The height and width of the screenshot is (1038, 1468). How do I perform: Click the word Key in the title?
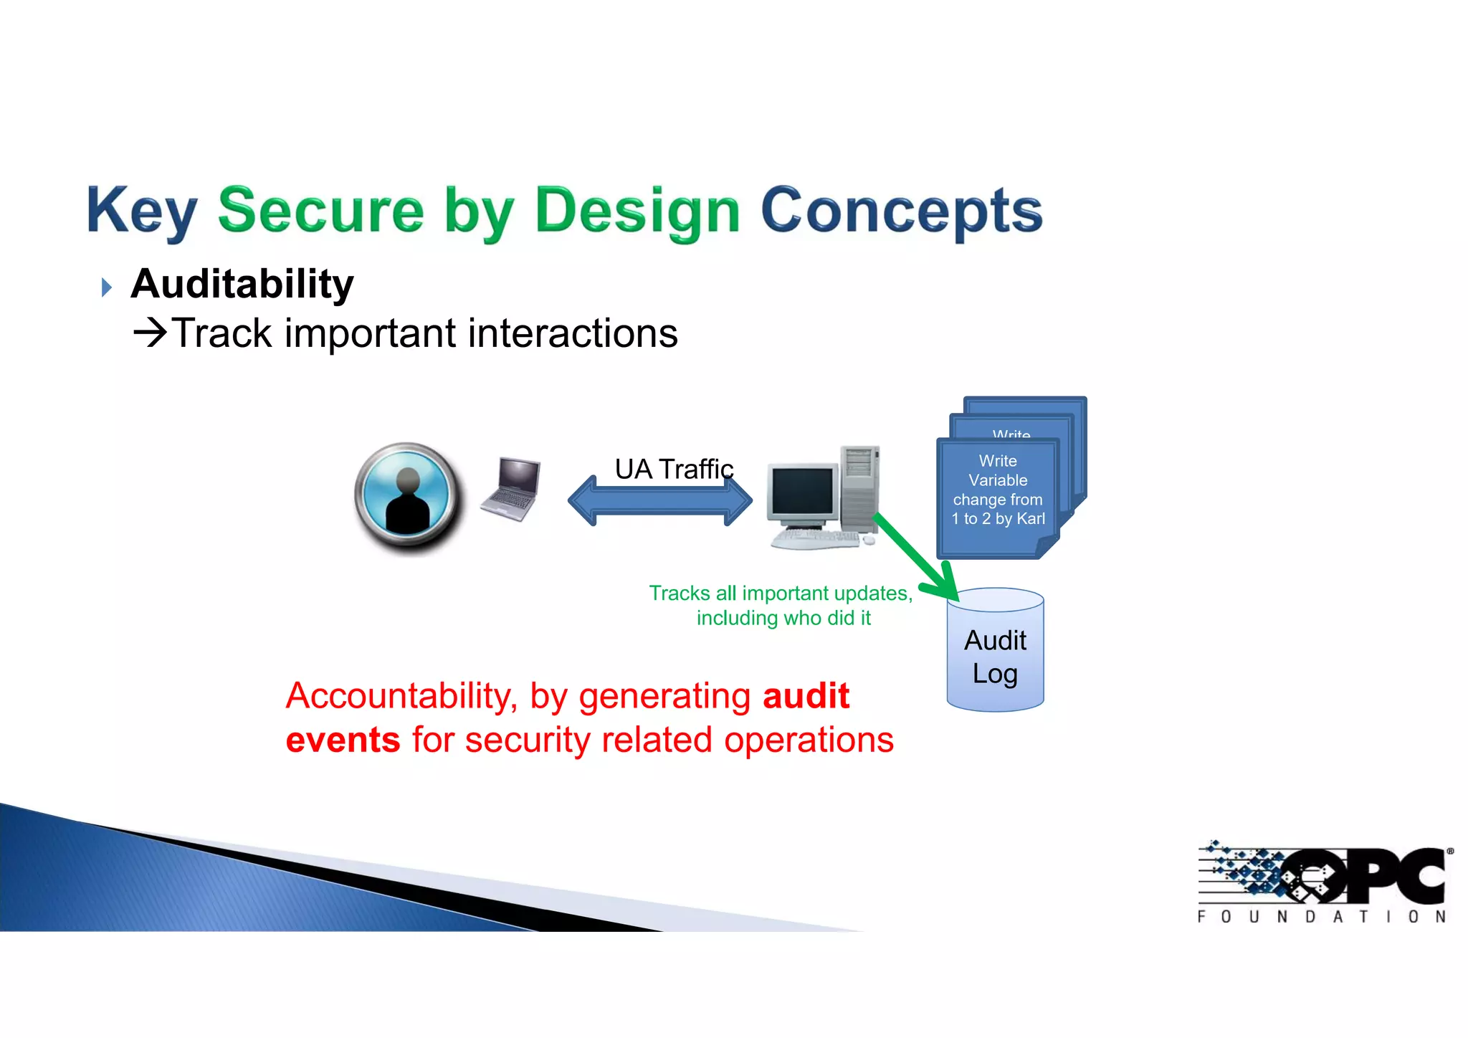[141, 211]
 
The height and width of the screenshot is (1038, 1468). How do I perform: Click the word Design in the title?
[637, 211]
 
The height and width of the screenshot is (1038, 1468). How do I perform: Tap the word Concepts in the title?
[900, 211]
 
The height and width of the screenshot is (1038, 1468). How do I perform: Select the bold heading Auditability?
[242, 284]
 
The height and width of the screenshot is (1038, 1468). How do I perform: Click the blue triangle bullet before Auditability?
[107, 287]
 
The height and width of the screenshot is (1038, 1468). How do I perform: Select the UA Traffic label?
[674, 469]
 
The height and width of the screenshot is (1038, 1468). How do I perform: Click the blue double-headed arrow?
[659, 501]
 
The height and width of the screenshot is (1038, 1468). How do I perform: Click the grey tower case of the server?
[859, 487]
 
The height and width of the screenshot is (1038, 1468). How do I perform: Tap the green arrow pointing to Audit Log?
[917, 556]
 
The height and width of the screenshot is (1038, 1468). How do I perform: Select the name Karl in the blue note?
[1031, 519]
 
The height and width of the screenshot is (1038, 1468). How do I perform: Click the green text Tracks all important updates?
[781, 594]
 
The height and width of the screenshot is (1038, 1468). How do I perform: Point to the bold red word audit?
[806, 696]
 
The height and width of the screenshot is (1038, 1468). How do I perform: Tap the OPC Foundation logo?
[1323, 882]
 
